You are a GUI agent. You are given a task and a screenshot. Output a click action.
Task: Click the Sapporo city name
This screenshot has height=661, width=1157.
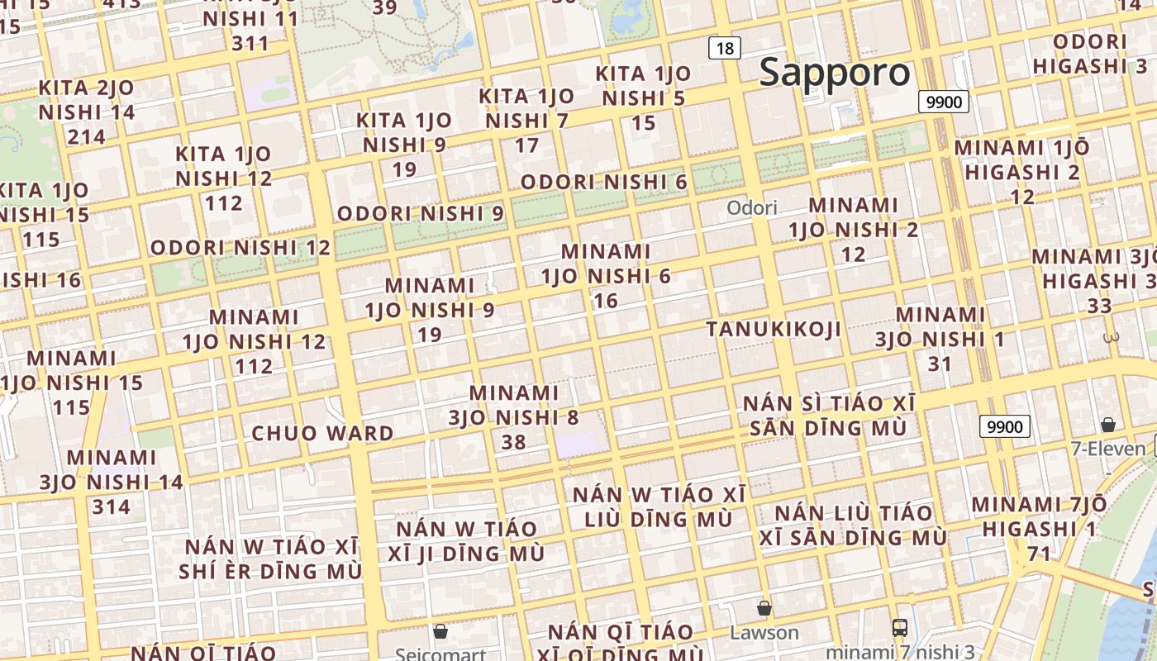coord(835,73)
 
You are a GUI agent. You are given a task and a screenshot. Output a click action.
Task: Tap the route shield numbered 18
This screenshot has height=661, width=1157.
coord(724,48)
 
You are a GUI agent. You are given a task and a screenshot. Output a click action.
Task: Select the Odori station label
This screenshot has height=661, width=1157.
coord(752,207)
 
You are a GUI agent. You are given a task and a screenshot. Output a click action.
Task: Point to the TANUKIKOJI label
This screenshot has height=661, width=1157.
coord(774,329)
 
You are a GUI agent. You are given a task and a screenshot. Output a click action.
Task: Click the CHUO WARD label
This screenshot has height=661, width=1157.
coord(322,433)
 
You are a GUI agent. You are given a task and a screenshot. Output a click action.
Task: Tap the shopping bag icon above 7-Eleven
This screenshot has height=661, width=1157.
coord(1107,425)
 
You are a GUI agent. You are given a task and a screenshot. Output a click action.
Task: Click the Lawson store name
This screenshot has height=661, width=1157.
coord(764,633)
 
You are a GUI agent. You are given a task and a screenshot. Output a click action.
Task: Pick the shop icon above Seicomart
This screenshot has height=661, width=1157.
coord(440,631)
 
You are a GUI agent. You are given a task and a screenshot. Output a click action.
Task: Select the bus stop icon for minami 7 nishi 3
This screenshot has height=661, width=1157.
coord(900,628)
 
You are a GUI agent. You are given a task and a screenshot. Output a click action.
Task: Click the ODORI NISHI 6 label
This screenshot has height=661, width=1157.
coord(603,182)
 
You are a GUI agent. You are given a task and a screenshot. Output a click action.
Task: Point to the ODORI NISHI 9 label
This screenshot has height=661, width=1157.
coord(420,213)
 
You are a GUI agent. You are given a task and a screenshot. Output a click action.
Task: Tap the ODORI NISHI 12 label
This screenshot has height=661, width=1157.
coord(240,247)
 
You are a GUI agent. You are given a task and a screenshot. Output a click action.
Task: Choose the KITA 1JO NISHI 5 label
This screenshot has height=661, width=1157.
coord(643,98)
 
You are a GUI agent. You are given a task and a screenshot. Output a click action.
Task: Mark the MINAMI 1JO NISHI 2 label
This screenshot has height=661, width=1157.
coord(853,229)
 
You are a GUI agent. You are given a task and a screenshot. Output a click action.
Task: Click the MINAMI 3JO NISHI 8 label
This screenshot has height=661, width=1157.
coord(513,417)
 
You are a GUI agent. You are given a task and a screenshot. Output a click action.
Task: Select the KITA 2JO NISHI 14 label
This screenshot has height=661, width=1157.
coord(87,112)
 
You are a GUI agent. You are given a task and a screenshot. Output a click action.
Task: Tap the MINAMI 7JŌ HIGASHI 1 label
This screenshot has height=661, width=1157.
coord(1038,528)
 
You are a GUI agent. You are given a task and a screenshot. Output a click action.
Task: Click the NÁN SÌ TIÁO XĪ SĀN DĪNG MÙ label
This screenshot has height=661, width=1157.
coord(829,416)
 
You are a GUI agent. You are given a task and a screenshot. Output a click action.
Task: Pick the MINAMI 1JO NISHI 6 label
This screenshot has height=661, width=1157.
coord(606,275)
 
